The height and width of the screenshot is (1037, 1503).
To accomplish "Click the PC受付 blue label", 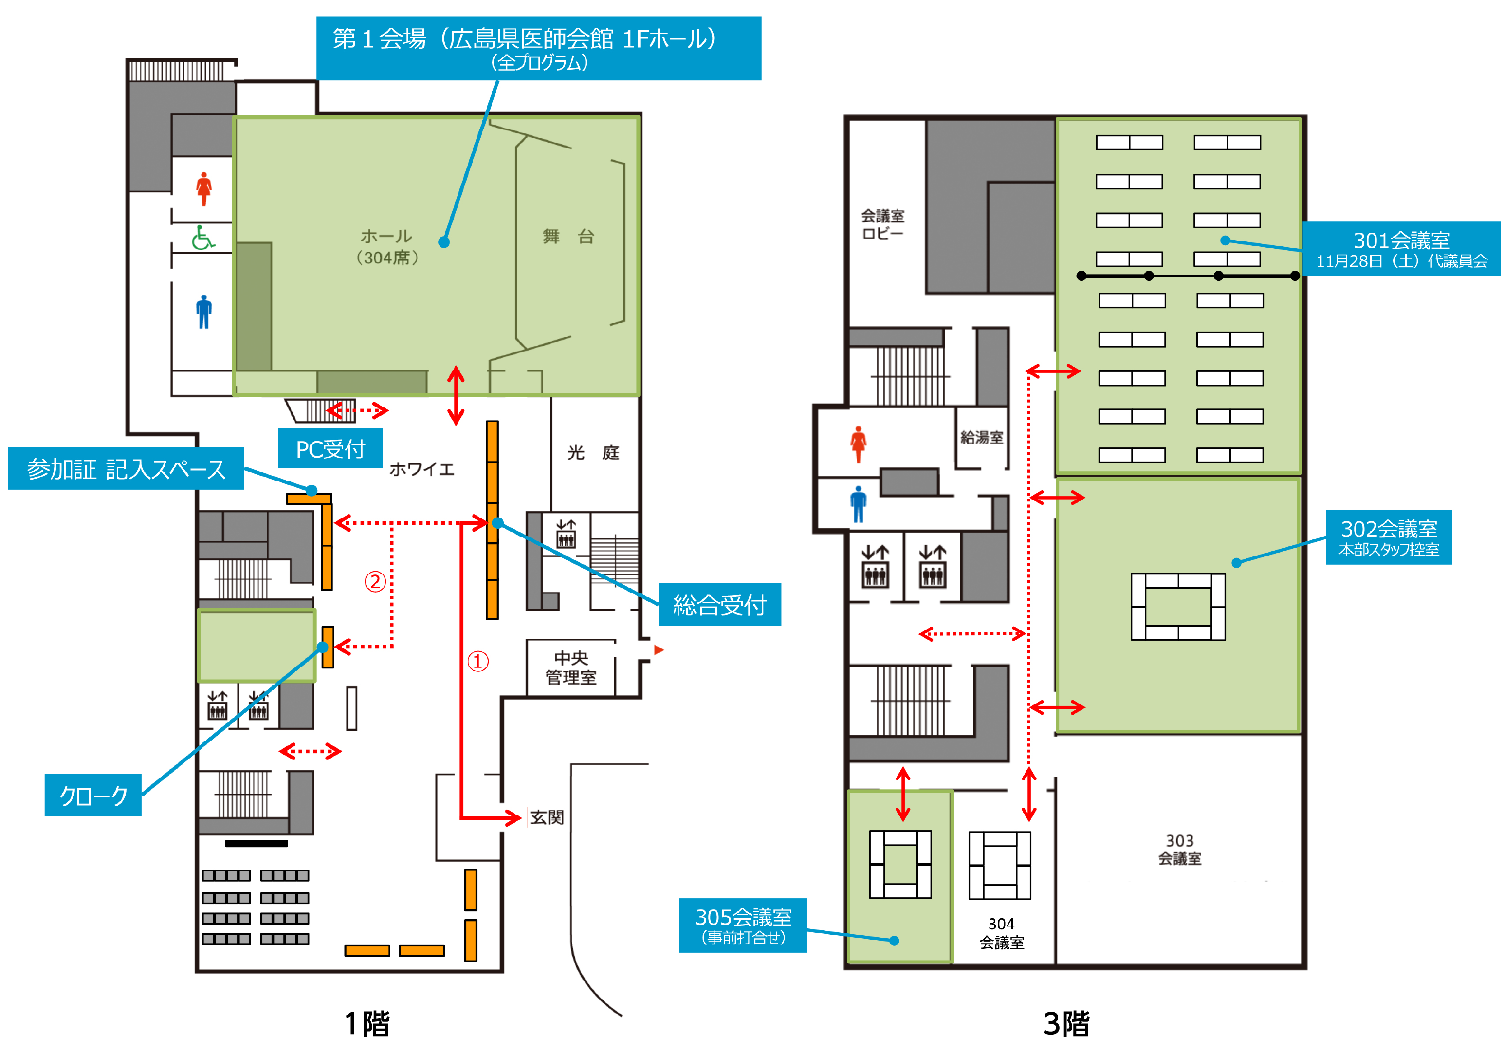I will point(330,448).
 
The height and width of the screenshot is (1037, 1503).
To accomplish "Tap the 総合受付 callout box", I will point(719,604).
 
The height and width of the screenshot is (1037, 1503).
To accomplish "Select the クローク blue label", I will point(93,795).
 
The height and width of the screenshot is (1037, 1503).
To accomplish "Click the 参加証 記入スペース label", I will point(126,468).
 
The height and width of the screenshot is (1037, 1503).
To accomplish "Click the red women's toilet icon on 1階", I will point(204,189).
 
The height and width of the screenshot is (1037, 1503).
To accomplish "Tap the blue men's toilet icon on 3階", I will point(858,504).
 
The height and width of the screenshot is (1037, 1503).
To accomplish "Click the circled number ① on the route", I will point(478,662).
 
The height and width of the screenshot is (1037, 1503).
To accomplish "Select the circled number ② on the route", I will point(375,581).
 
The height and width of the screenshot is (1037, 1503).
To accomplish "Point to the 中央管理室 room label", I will point(570,668).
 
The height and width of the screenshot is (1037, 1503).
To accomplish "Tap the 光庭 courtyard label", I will point(593,453).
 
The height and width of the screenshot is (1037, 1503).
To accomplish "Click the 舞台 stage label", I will point(568,237).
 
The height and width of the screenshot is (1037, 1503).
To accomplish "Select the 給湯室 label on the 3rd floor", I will point(981,437).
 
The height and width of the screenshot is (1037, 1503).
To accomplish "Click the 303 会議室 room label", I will point(1179,849).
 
